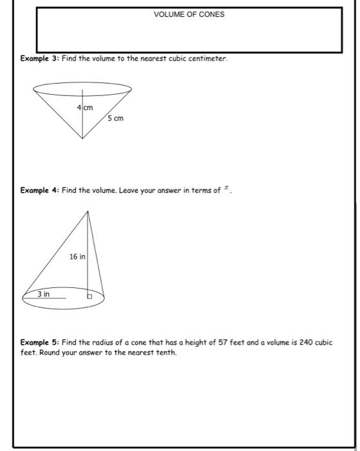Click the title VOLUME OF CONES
click(x=189, y=14)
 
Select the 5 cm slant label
click(x=116, y=119)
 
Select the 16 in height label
click(x=77, y=256)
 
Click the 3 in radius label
click(x=43, y=294)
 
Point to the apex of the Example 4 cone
click(x=88, y=211)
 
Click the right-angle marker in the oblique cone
click(x=91, y=296)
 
